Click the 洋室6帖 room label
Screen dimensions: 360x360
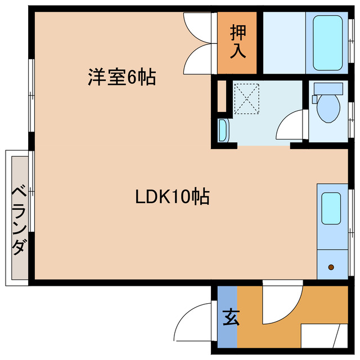121,77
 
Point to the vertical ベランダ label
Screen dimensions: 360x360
19,219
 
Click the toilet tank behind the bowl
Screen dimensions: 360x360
327,88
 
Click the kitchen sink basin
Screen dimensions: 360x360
331,208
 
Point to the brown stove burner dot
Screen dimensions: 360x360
331,267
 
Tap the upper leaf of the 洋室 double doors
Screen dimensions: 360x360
200,25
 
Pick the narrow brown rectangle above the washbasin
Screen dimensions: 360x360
222,97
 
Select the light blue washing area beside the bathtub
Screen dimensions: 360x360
284,42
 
